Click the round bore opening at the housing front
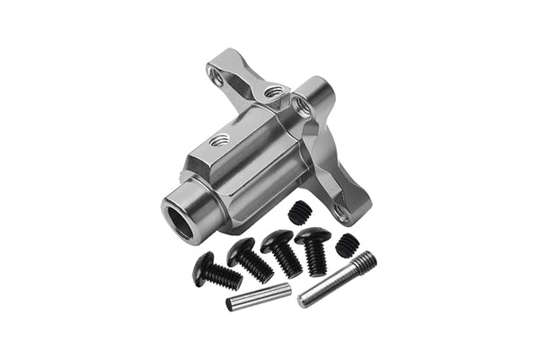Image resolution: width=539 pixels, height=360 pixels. [183, 220]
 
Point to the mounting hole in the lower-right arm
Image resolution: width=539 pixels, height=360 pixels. [340, 211]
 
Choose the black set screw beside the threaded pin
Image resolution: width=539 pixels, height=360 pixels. [347, 244]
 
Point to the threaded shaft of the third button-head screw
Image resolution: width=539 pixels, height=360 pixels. [288, 261]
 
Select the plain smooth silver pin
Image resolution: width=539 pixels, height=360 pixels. [258, 297]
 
